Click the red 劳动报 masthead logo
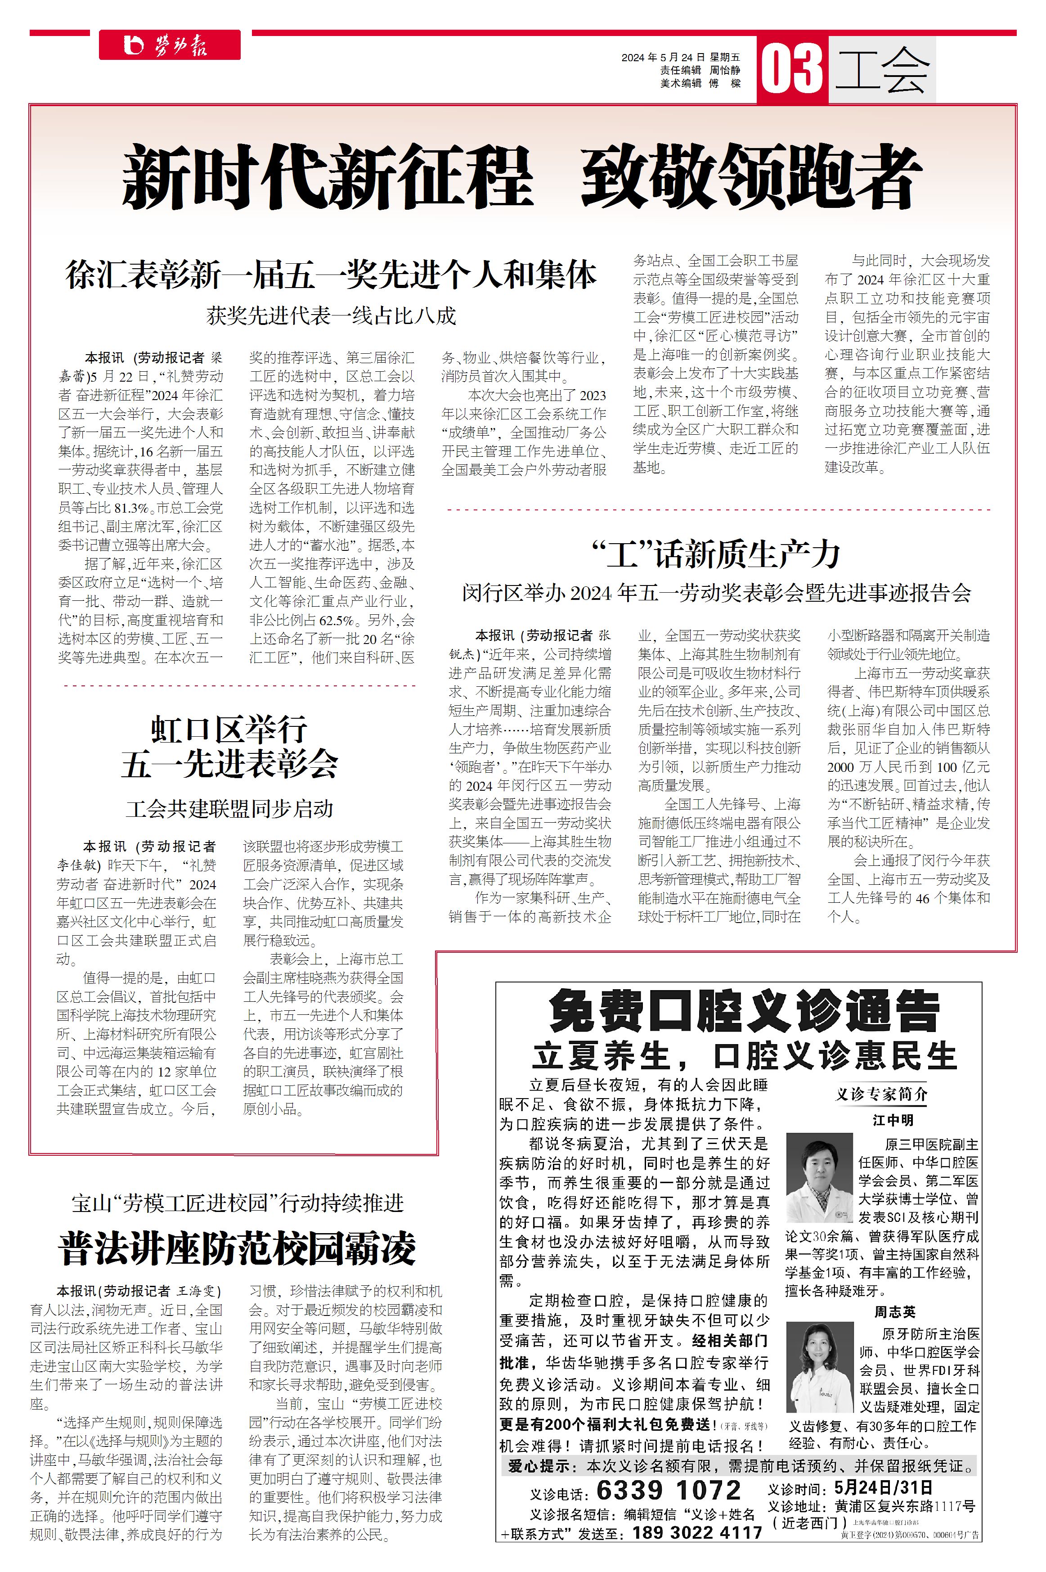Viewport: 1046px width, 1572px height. click(170, 45)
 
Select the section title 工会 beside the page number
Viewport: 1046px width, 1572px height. click(882, 69)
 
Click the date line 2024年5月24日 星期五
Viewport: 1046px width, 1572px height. click(680, 58)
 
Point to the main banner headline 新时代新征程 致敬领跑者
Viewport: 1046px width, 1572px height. click(522, 176)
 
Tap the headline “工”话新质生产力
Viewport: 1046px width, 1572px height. click(715, 554)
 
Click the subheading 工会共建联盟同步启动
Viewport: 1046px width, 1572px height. click(229, 809)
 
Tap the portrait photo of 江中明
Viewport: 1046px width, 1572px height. click(820, 1178)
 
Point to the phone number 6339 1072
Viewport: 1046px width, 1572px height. click(669, 1490)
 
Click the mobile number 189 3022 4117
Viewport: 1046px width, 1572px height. click(697, 1533)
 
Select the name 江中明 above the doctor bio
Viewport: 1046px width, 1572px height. click(893, 1120)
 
